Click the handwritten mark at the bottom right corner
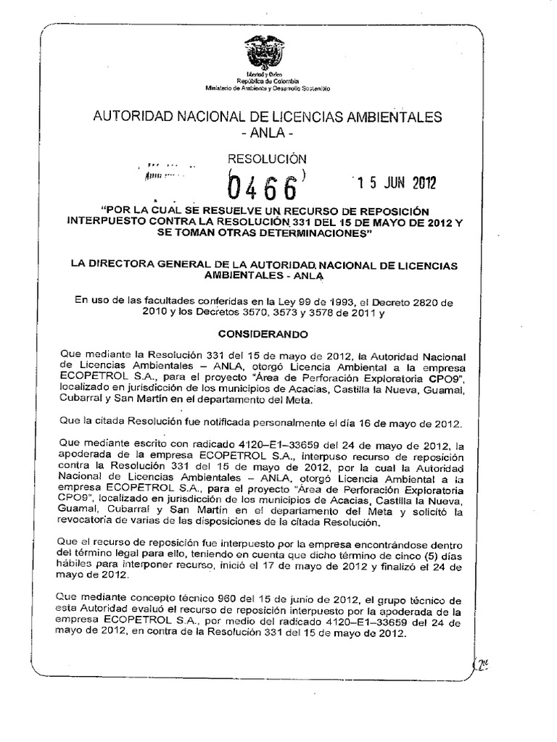482,662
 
